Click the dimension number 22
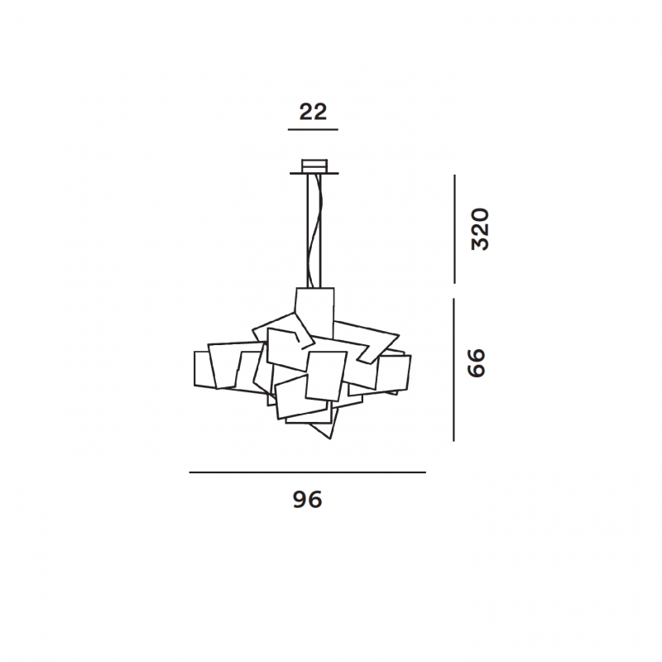coord(313,112)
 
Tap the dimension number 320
coord(480,229)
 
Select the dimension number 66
coord(477,363)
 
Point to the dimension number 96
coord(307,500)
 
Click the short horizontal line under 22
coord(313,130)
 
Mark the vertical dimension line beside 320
coord(454,229)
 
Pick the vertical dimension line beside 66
coord(453,370)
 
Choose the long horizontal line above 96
coord(307,473)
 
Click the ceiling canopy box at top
coord(314,165)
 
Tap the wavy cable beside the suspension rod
coord(315,230)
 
